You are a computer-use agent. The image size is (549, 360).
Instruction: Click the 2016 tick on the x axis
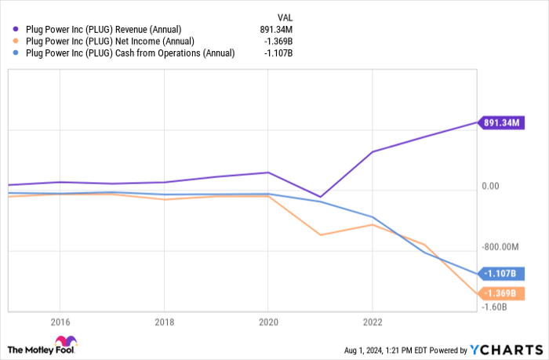point(60,322)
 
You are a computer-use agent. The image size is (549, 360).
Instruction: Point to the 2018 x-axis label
point(164,322)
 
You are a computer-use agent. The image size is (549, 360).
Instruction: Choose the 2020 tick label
point(267,322)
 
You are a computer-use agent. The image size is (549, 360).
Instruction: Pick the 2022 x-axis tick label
point(372,322)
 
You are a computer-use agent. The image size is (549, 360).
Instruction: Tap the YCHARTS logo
point(506,349)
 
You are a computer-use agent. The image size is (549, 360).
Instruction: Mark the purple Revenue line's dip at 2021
point(320,197)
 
